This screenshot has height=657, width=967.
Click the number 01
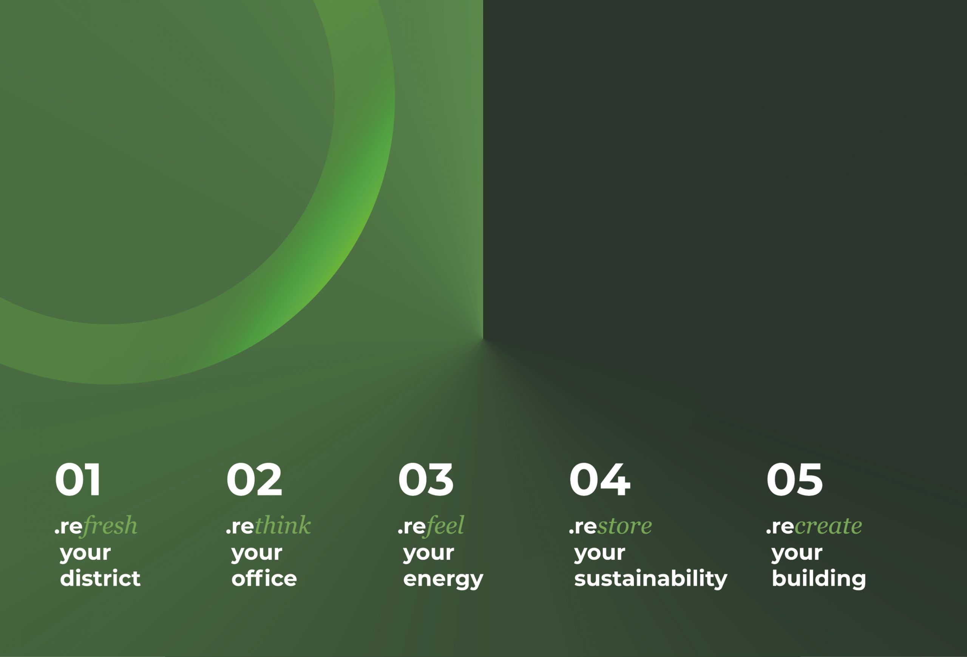pos(78,480)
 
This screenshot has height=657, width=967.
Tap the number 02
pos(254,480)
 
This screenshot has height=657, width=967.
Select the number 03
pos(426,480)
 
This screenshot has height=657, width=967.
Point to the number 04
pos(599,480)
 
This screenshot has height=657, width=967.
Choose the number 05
pos(794,480)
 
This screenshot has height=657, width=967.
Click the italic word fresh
pos(110,526)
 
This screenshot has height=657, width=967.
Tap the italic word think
pos(283,525)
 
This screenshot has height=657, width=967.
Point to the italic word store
pos(624,527)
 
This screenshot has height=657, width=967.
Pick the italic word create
pos(828,527)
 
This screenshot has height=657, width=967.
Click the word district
pos(100,578)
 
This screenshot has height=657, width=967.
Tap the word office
pos(264,578)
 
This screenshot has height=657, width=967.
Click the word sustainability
pos(651,579)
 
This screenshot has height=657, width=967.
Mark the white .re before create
pos(780,527)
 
